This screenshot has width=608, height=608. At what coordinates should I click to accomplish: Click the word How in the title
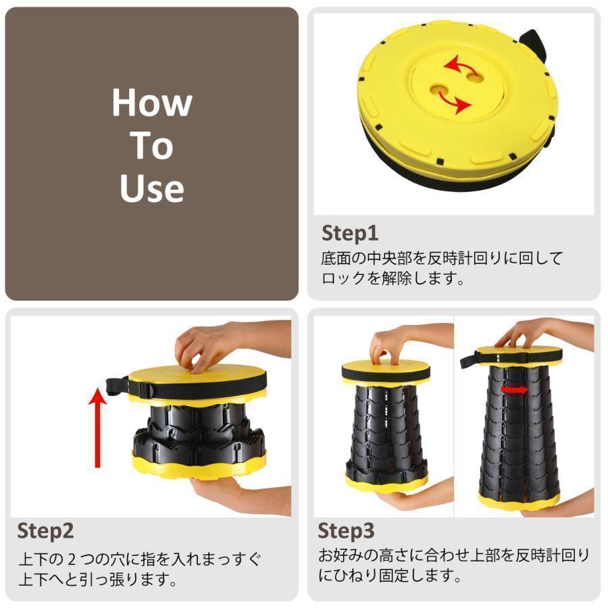tap(152, 103)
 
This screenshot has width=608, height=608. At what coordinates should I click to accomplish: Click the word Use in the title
tap(152, 188)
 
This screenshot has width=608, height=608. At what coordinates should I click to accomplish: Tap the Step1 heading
tap(349, 233)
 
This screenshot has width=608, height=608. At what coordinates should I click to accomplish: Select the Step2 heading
tap(45, 530)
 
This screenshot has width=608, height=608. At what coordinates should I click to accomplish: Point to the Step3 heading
tap(346, 530)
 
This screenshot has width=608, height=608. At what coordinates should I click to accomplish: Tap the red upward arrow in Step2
tap(99, 426)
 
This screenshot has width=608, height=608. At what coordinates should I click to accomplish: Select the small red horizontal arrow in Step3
tap(515, 390)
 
